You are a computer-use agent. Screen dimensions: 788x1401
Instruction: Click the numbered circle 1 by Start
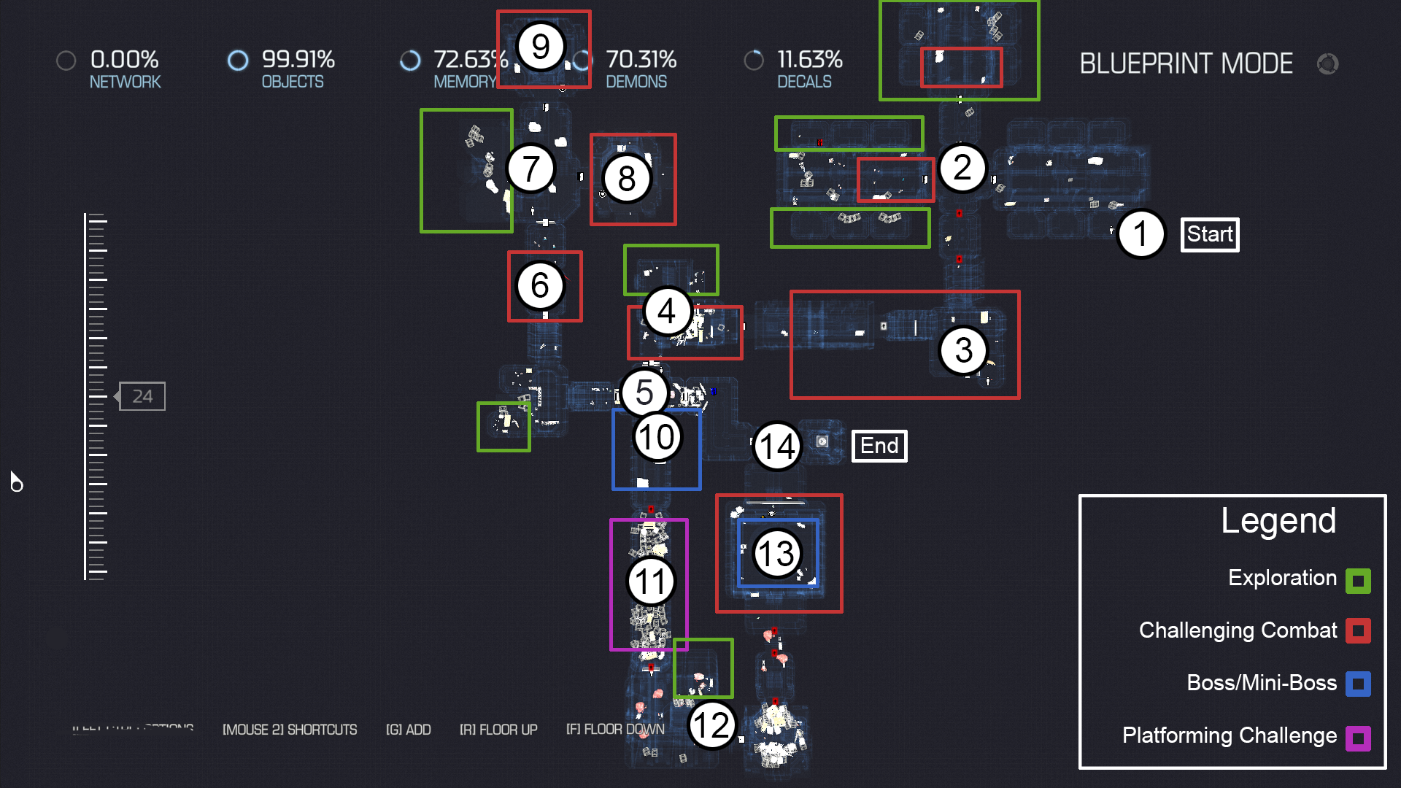point(1141,234)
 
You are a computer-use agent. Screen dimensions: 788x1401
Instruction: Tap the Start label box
point(1210,235)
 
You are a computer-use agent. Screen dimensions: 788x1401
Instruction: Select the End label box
point(879,446)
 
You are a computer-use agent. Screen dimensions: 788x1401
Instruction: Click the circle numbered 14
point(777,447)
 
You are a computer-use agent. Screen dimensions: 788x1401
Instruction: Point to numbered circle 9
point(541,47)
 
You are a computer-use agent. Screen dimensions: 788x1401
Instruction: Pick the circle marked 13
point(776,554)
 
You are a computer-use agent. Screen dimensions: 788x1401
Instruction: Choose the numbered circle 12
point(711,725)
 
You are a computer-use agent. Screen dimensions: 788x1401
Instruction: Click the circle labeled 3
point(964,350)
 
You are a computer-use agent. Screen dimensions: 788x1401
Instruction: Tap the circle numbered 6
point(540,285)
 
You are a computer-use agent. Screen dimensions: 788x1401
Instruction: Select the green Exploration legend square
point(1358,581)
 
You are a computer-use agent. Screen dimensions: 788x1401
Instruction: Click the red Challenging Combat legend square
point(1358,630)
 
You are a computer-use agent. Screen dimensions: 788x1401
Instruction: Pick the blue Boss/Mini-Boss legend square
point(1358,684)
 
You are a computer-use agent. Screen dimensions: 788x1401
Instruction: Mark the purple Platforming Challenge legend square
point(1358,738)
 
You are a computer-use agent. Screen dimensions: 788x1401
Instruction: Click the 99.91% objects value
point(298,59)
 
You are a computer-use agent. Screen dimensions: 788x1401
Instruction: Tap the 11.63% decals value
point(809,59)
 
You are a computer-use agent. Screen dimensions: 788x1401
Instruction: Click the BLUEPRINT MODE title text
point(1186,64)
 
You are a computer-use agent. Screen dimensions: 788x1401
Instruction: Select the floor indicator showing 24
point(142,396)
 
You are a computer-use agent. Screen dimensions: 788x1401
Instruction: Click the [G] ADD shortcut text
point(408,730)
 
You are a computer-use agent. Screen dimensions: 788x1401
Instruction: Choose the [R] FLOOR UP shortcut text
point(498,730)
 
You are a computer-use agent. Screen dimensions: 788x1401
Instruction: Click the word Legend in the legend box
point(1278,521)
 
